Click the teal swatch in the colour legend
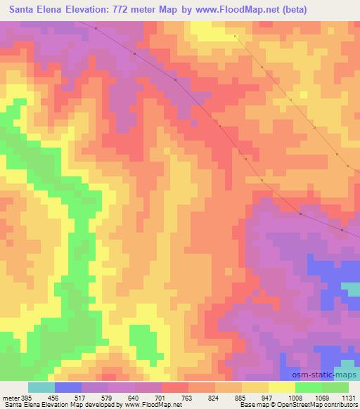(x=41, y=387)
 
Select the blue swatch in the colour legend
(x=67, y=387)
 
